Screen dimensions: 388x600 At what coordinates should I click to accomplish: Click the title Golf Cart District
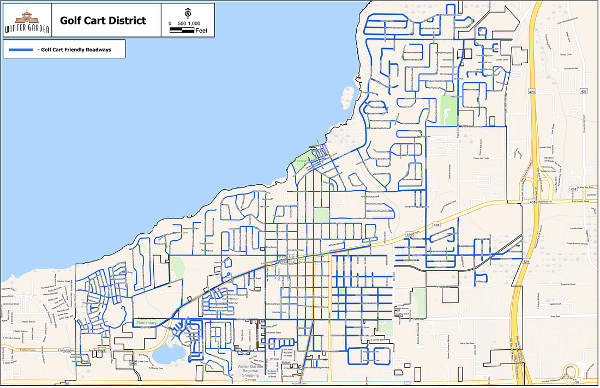(103, 21)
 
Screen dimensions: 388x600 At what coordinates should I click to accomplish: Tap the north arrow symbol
(188, 12)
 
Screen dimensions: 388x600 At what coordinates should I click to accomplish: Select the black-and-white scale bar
(182, 31)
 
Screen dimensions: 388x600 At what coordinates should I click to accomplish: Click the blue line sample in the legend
(21, 50)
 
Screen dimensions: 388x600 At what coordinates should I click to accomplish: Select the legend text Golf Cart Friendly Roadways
(74, 50)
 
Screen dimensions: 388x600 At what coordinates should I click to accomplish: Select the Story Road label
(556, 315)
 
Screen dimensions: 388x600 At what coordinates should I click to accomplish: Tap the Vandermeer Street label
(11, 304)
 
